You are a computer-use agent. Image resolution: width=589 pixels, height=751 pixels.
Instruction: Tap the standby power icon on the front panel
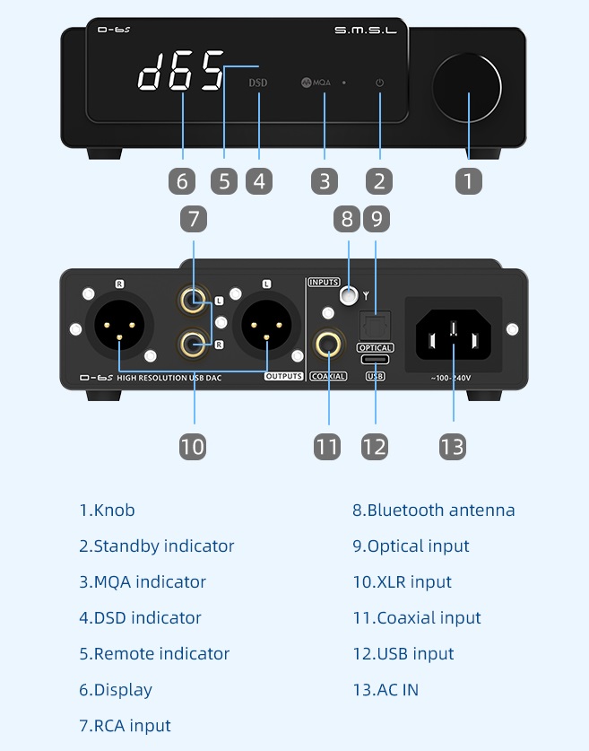coord(379,83)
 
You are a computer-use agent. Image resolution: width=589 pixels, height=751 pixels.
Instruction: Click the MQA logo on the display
coord(316,83)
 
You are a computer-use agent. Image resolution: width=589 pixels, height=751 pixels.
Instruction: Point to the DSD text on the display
coord(258,83)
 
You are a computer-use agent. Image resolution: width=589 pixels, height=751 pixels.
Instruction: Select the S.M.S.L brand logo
coord(367,31)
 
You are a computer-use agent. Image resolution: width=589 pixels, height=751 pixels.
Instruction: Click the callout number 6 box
coord(182,180)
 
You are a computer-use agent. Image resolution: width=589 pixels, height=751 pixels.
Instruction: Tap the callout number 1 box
coord(467,180)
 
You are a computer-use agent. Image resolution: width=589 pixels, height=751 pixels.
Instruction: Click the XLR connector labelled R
coord(120,328)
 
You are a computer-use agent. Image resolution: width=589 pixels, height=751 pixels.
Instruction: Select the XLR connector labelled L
coord(266,328)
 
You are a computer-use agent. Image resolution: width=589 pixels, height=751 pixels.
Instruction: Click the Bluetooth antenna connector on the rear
coord(349,294)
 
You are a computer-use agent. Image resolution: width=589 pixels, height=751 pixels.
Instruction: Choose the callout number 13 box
coord(453,446)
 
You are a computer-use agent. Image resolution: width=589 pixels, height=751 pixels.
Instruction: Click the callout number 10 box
coord(193,446)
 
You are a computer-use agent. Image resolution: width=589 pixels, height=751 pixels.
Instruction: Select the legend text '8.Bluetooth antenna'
coord(433,511)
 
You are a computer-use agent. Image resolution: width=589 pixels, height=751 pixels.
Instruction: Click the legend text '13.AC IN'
coord(385,690)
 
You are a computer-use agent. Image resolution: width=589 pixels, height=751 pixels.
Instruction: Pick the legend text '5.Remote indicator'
coord(154,654)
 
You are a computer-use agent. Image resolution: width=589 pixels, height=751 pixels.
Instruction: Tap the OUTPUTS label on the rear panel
coord(283,376)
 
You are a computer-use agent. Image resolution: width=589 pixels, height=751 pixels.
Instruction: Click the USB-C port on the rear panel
coord(375,359)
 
